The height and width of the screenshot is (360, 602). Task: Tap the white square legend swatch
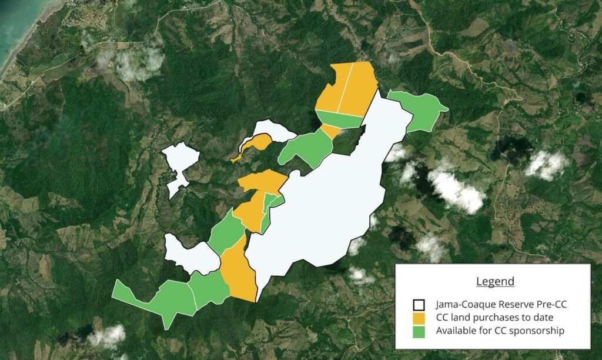pos(419,305)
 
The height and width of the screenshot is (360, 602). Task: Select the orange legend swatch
pos(419,318)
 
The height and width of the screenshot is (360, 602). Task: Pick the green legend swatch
pos(419,331)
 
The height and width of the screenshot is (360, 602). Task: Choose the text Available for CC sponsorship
pos(500,331)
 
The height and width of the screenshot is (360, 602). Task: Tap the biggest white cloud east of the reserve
pos(456,190)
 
